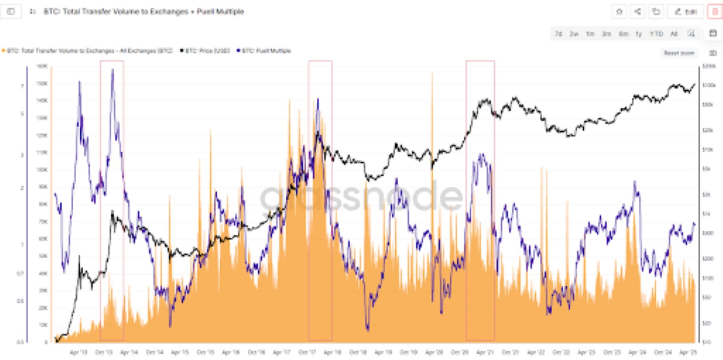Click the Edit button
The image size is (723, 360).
(x=685, y=12)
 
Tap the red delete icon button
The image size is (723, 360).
(x=715, y=12)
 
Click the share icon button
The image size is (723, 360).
(x=637, y=12)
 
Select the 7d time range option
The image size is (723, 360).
(x=558, y=34)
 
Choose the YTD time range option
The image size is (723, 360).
(x=656, y=34)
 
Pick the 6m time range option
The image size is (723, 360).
(x=623, y=34)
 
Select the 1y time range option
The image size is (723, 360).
(x=639, y=34)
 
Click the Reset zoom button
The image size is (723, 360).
(x=679, y=53)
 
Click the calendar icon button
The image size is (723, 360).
(x=713, y=33)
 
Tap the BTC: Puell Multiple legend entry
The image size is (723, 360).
(x=266, y=50)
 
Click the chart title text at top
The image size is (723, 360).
(x=144, y=11)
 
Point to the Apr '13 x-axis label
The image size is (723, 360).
(x=78, y=352)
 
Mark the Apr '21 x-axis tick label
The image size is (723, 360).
(x=485, y=352)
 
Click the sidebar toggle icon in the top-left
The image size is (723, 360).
(x=11, y=11)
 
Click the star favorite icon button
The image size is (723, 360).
(x=619, y=12)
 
